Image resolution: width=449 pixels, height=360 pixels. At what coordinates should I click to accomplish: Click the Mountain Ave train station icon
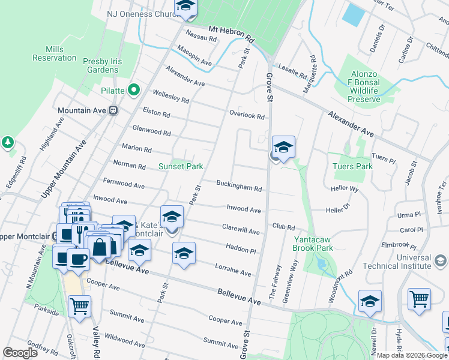tap(113, 110)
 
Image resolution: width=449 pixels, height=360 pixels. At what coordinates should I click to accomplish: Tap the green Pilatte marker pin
tap(133, 91)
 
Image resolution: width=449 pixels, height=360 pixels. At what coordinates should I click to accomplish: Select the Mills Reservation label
tap(55, 53)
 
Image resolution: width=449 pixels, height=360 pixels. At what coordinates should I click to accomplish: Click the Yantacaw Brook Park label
tap(313, 243)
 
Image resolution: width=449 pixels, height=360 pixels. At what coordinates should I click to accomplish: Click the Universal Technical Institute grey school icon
tap(441, 260)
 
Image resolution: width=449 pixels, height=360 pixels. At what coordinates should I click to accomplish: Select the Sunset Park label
tap(181, 166)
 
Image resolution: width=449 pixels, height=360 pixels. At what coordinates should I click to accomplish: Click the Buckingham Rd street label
tap(239, 187)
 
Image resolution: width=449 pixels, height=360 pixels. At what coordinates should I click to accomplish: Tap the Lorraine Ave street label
tap(233, 271)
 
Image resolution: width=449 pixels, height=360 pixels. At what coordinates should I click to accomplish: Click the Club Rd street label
tap(283, 227)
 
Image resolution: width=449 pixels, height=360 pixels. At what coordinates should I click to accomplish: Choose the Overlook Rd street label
tap(247, 115)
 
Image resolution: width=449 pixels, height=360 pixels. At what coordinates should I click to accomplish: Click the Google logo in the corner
tap(20, 353)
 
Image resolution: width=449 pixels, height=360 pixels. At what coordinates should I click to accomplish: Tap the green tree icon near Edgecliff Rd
tap(7, 143)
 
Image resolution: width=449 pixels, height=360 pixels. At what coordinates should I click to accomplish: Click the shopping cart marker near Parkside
tap(79, 306)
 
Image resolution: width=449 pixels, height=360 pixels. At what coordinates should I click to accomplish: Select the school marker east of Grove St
tap(283, 147)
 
